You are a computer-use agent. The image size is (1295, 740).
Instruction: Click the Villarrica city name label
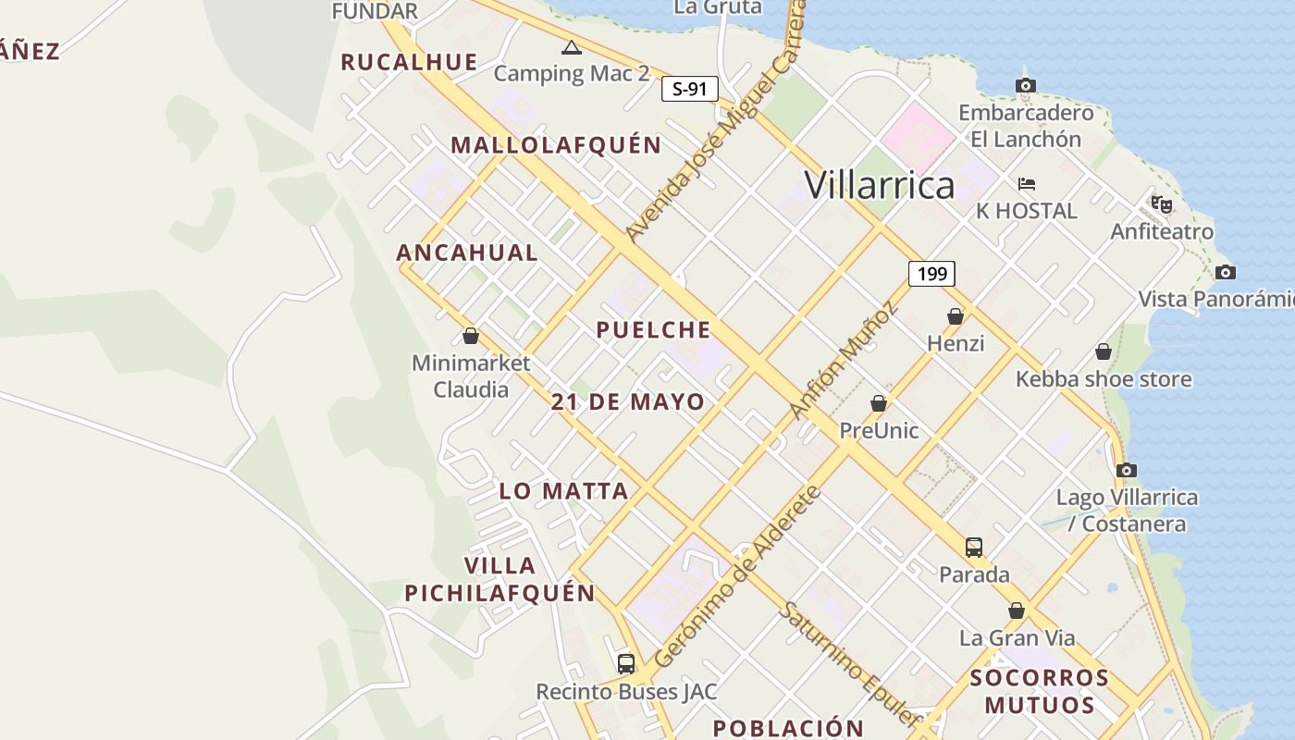879,185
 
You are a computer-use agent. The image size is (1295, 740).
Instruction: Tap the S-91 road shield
690,89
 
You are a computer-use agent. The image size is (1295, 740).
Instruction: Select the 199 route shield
931,274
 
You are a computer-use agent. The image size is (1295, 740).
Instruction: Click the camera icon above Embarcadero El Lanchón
1025,86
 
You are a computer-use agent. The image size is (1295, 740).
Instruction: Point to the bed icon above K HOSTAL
1027,183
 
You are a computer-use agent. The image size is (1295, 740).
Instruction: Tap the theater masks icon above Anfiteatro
1162,203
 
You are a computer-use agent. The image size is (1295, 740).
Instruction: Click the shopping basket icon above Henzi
956,316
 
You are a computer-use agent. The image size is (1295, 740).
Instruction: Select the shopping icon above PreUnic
879,403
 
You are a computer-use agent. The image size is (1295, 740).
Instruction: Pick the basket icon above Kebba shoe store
1103,351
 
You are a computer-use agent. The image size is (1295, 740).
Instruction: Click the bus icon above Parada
974,547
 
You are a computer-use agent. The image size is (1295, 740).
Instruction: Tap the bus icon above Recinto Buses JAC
626,663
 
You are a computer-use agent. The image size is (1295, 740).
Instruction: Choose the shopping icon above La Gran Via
1017,610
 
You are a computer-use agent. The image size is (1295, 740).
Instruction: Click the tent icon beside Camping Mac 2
571,47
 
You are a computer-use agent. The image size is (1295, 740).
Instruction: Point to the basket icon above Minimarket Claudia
471,336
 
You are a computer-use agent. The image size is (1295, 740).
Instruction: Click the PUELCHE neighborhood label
653,329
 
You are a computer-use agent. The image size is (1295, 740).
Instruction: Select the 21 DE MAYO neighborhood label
627,402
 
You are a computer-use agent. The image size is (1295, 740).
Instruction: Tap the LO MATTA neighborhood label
563,490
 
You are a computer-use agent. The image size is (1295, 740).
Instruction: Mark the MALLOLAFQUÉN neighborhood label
556,145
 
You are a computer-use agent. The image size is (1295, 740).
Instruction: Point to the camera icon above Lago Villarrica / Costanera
1126,470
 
